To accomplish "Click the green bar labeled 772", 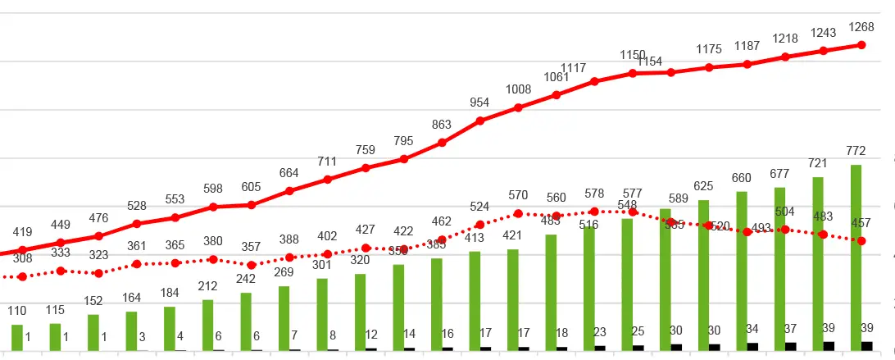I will click(x=856, y=257).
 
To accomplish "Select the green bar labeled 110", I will click(x=16, y=338).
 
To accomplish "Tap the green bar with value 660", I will click(x=742, y=271).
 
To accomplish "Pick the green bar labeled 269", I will click(x=284, y=318).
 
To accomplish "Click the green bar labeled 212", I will click(x=207, y=325).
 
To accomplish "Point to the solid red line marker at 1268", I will click(x=862, y=44).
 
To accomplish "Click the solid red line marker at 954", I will click(x=480, y=121).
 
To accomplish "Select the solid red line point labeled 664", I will click(x=289, y=191).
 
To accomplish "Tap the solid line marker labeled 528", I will click(x=137, y=223).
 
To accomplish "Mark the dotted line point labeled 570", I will click(x=518, y=214).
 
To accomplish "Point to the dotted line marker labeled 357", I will click(x=251, y=265).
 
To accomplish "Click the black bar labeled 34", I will click(x=752, y=346).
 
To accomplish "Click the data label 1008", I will click(x=518, y=90).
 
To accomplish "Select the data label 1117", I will click(x=575, y=68).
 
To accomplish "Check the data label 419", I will click(x=22, y=232).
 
